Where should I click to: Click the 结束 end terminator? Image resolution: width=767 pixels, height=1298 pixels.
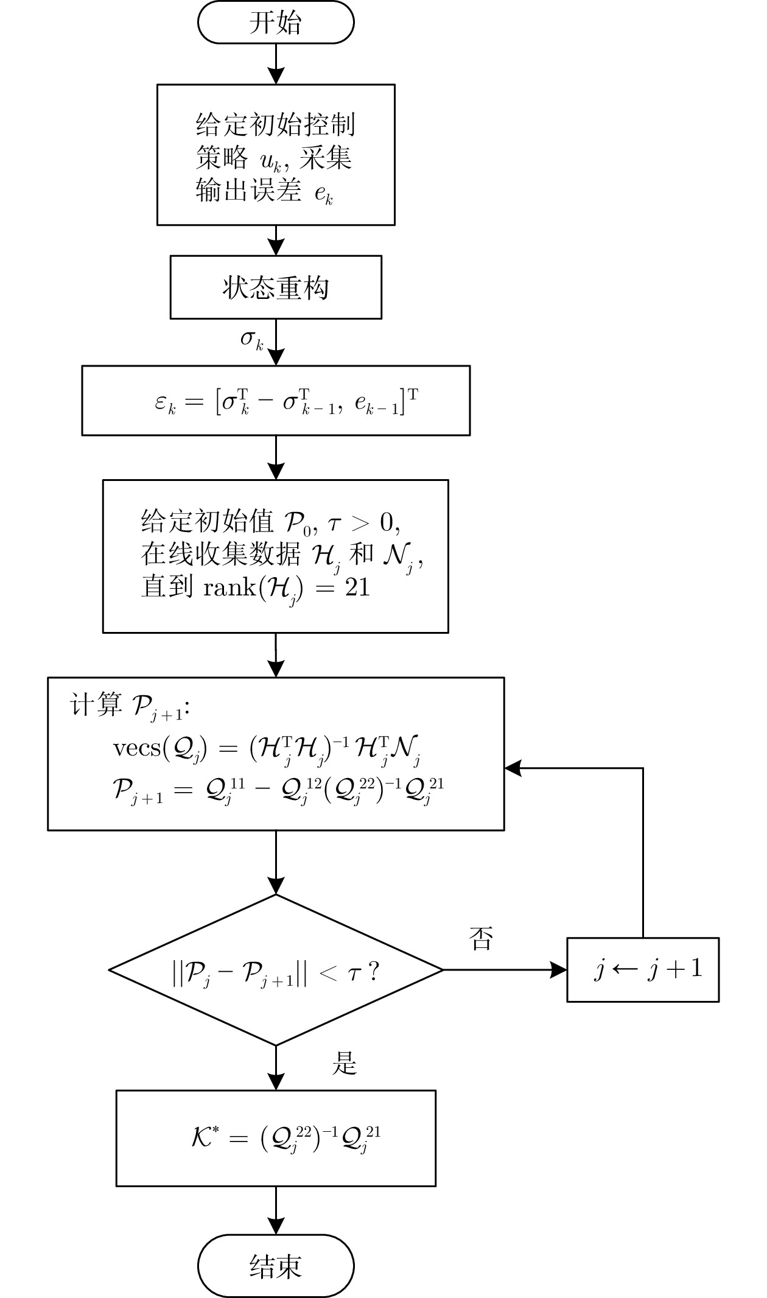click(x=276, y=1267)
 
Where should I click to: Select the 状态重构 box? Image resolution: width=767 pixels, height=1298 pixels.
click(x=276, y=287)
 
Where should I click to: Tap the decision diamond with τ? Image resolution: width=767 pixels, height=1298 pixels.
click(x=276, y=970)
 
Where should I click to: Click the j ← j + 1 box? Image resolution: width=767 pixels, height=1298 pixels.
click(x=643, y=970)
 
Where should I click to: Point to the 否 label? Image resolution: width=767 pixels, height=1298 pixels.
click(x=481, y=938)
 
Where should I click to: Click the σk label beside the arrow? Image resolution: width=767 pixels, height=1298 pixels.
click(x=251, y=340)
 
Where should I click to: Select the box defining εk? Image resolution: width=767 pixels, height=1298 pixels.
click(x=276, y=401)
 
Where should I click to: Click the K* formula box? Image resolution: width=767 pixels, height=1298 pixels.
click(x=276, y=1138)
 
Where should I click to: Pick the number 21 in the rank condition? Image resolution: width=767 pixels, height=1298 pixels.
click(x=357, y=588)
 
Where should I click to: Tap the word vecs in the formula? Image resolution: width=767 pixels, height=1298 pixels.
click(x=136, y=748)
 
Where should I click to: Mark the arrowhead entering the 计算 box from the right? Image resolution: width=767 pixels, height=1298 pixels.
click(x=513, y=768)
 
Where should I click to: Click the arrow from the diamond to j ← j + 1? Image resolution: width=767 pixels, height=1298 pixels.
click(x=505, y=970)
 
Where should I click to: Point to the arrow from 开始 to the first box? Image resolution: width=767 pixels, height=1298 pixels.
click(x=276, y=64)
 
